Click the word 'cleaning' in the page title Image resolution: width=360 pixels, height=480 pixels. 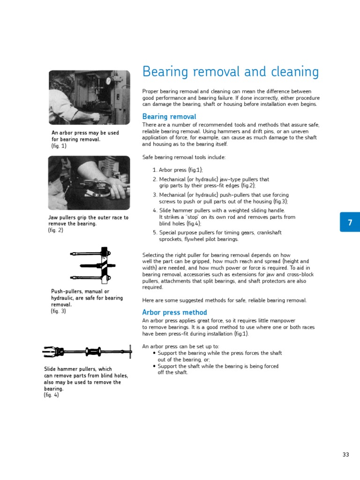[292, 72]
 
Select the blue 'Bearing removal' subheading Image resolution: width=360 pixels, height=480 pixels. [169, 117]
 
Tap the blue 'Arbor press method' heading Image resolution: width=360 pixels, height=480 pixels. [174, 313]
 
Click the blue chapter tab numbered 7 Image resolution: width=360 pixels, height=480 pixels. [350, 223]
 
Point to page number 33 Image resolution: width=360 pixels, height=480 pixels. [346, 455]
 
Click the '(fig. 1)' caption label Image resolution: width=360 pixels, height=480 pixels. [59, 146]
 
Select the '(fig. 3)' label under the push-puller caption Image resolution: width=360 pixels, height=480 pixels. [59, 311]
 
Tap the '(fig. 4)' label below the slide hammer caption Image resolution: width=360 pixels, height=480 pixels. [52, 395]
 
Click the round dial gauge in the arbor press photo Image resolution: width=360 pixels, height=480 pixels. [109, 81]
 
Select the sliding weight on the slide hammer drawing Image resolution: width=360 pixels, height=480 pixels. [93, 351]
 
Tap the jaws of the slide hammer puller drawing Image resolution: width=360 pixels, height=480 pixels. [52, 351]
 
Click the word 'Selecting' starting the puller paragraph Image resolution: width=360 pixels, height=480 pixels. [153, 255]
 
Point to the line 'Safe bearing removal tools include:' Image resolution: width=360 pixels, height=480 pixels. [184, 157]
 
